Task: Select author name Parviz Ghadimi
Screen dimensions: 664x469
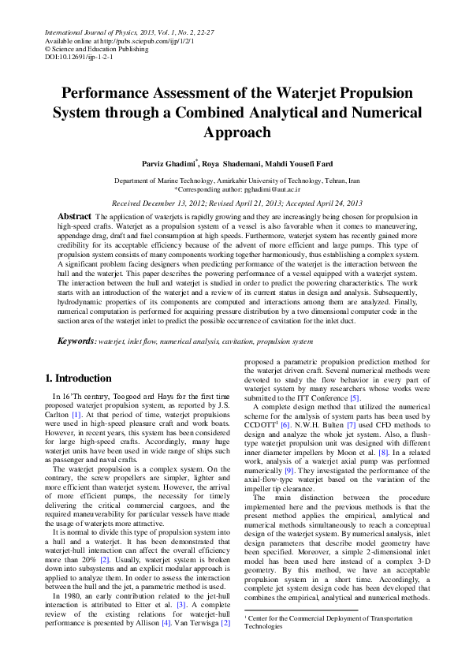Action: tap(172, 164)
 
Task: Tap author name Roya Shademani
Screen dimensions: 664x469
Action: tap(234, 164)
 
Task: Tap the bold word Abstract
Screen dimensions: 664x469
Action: tap(75, 216)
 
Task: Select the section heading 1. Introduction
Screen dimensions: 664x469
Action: tap(78, 379)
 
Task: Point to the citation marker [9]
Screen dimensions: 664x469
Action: tap(290, 469)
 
